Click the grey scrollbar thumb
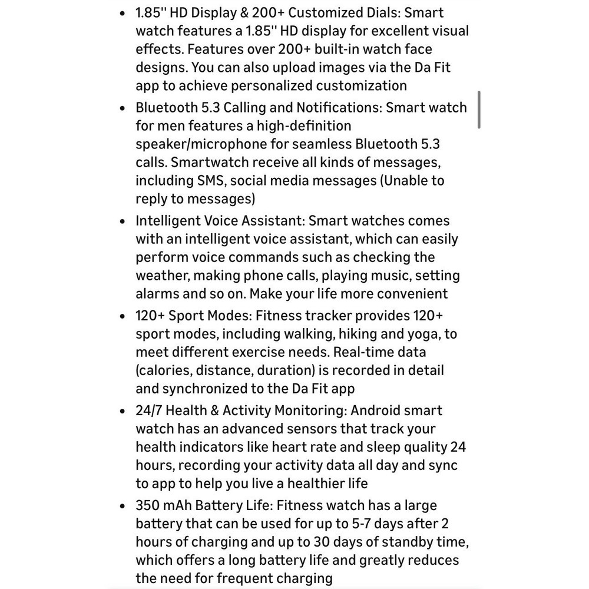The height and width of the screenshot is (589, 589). tap(479, 110)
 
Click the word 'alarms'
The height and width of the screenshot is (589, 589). tap(157, 294)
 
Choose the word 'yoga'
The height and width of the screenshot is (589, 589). tap(423, 334)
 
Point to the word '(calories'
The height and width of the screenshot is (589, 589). tap(163, 370)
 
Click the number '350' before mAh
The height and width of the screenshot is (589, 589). tap(147, 505)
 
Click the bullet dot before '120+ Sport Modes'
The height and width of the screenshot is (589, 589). tap(122, 316)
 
